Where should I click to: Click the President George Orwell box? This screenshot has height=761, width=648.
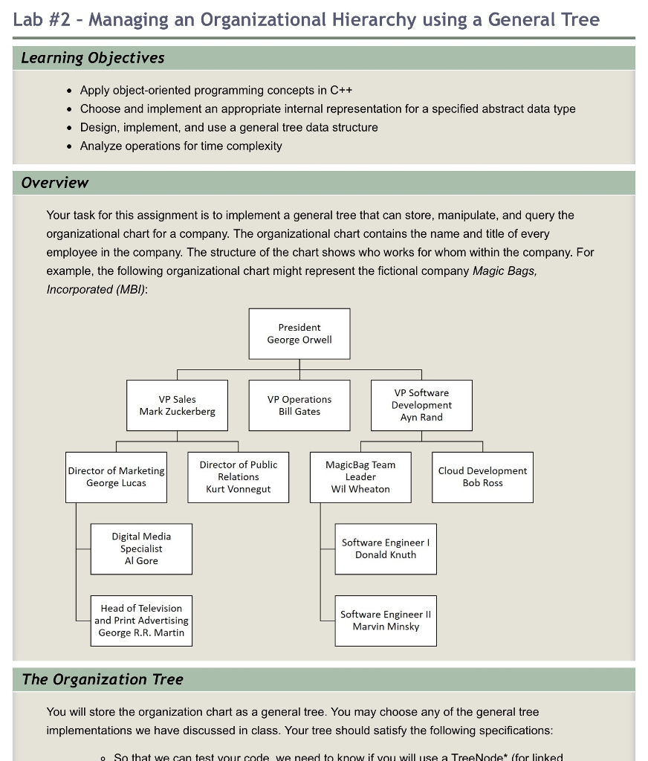click(x=299, y=334)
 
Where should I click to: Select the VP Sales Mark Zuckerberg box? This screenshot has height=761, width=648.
click(x=177, y=405)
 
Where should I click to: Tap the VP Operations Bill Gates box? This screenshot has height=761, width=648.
click(x=299, y=405)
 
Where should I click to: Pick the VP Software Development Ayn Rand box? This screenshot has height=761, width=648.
click(x=421, y=405)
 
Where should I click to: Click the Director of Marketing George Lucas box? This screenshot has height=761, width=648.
click(x=116, y=477)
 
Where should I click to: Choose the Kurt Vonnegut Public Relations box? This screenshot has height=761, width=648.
click(x=238, y=477)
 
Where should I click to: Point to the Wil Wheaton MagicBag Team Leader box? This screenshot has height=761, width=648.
click(x=360, y=477)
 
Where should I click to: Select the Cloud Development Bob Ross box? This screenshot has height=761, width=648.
click(x=482, y=477)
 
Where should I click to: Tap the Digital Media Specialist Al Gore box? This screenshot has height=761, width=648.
click(x=141, y=548)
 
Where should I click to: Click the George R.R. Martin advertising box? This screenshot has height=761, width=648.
click(x=141, y=621)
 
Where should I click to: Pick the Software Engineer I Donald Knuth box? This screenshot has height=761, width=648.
click(x=386, y=548)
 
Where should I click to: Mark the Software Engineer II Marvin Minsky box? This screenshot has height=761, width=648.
click(x=386, y=621)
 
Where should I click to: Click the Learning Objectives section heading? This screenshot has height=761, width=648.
click(x=93, y=58)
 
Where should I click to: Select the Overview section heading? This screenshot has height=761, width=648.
click(x=55, y=183)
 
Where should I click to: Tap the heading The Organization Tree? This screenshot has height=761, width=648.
click(x=103, y=679)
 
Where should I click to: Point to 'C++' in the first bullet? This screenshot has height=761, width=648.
click(x=341, y=91)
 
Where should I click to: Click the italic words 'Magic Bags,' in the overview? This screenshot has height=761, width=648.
click(x=505, y=271)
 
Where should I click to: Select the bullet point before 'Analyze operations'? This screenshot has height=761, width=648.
click(x=69, y=146)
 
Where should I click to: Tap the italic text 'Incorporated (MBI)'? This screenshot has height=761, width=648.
click(x=96, y=289)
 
